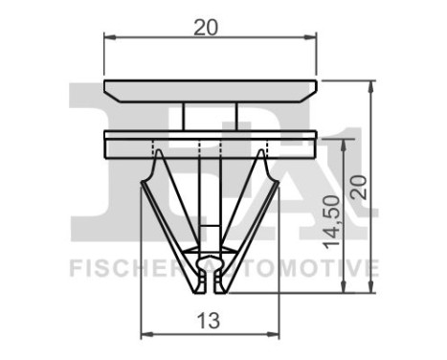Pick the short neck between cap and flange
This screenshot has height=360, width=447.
click(x=210, y=116)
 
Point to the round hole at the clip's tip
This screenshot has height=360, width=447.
click(x=210, y=259)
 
